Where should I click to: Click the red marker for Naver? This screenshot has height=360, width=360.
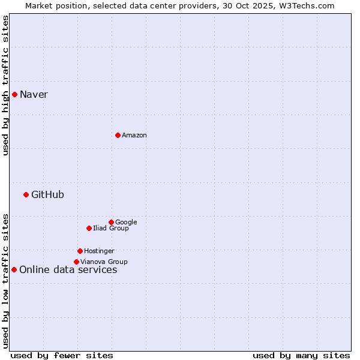[14, 94]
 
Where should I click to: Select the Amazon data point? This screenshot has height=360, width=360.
[118, 135]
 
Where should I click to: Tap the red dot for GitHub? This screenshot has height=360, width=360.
[26, 194]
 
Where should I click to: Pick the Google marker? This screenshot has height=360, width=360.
[111, 222]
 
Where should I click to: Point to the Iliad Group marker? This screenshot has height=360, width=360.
[89, 228]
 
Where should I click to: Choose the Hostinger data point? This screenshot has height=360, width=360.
[80, 251]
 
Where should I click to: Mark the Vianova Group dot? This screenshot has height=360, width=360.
[76, 262]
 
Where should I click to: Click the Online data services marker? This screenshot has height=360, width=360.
[14, 269]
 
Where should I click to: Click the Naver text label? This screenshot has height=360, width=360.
[34, 95]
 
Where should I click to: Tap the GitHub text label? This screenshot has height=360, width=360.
[47, 195]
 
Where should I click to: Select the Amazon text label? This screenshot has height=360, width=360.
[134, 136]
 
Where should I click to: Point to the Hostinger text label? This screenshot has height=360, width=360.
[99, 251]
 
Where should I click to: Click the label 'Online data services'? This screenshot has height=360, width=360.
[68, 270]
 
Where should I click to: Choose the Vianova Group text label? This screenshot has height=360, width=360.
[104, 262]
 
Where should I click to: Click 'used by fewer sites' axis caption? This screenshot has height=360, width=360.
[62, 356]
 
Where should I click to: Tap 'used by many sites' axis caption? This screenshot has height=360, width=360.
[301, 356]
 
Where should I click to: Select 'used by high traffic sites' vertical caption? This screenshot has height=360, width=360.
[5, 85]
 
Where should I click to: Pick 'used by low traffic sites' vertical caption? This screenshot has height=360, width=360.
[5, 280]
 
